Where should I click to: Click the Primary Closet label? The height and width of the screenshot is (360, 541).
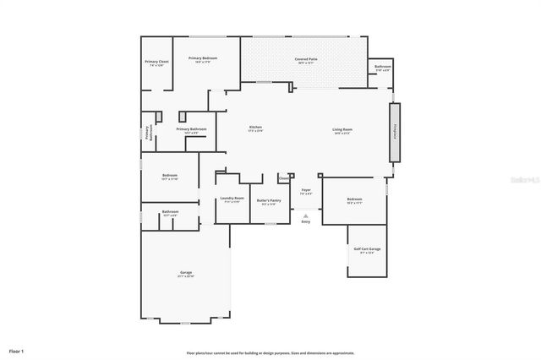pos(156,62)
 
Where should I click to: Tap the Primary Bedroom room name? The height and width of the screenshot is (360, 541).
pos(203,58)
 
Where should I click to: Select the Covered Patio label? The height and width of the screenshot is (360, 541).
pos(305,59)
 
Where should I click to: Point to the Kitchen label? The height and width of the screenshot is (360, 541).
pos(254,128)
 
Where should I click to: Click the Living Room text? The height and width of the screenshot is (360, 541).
pos(342,129)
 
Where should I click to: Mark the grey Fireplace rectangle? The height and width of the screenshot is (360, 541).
pos(394,132)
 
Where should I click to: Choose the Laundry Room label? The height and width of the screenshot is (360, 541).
pos(232,199)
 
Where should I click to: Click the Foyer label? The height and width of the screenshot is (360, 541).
pos(306,190)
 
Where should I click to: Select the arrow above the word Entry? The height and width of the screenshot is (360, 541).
pos(306,215)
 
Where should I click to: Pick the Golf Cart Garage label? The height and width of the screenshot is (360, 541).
pos(367,249)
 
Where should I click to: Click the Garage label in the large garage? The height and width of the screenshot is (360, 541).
pos(186,272)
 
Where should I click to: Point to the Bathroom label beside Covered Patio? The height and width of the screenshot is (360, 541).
pos(382,66)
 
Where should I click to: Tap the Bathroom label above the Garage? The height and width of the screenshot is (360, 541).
pos(170,211)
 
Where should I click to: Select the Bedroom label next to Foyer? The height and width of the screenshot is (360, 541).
pos(354,199)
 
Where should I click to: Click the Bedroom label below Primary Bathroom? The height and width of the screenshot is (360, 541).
pos(169,176)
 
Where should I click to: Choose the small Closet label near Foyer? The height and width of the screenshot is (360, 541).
pos(284,178)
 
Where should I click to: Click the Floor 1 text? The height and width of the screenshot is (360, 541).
pos(16,350)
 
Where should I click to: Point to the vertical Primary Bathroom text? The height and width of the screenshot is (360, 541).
pos(149,132)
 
